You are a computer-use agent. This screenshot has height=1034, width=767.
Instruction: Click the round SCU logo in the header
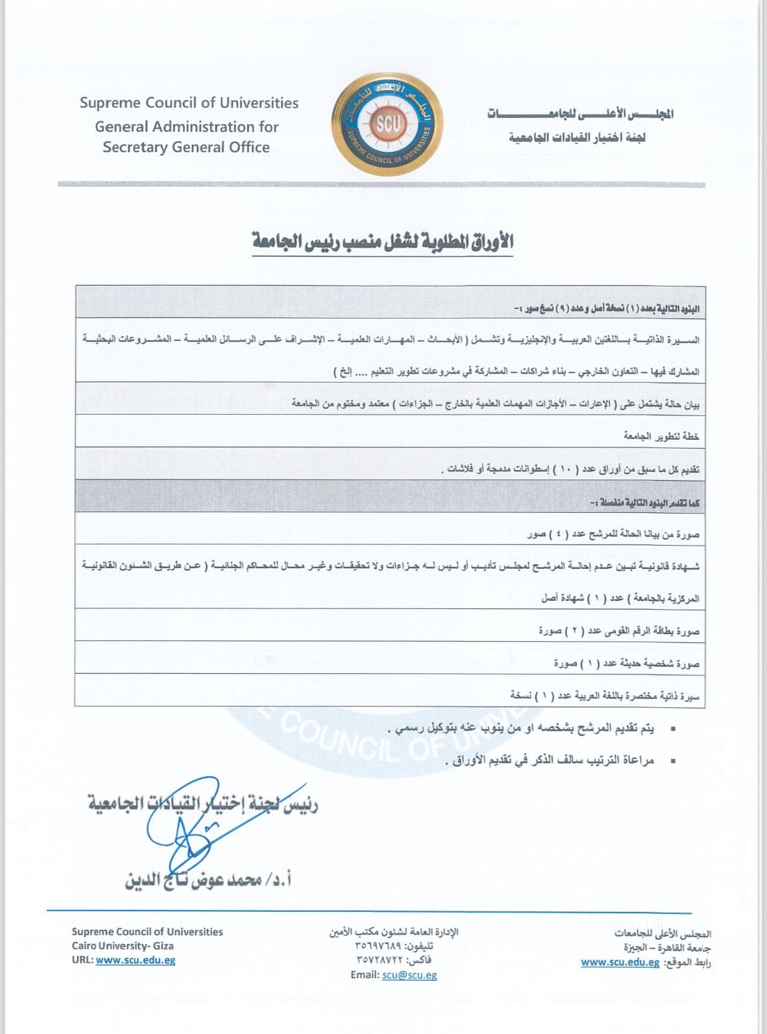point(387,125)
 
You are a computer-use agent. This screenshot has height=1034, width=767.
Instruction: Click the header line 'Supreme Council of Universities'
point(189,103)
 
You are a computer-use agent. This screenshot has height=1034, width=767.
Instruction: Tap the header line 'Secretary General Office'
point(186,147)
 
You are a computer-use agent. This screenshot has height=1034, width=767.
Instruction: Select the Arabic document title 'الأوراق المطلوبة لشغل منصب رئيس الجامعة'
point(382,241)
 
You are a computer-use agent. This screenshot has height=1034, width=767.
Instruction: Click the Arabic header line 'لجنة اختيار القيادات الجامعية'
point(577,138)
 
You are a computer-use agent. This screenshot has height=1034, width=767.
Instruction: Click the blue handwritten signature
point(198,822)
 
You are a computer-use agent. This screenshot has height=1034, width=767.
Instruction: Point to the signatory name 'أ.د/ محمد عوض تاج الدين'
point(209,880)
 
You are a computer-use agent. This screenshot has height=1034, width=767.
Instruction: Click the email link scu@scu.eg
point(409,975)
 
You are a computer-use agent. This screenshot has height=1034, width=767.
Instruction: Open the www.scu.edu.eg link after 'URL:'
point(136,960)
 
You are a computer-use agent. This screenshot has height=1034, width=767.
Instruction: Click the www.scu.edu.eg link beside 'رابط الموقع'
point(620,962)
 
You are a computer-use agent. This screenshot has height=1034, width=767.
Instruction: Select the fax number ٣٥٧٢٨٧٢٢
point(384,960)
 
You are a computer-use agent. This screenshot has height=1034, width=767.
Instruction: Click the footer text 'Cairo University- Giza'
point(123,945)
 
